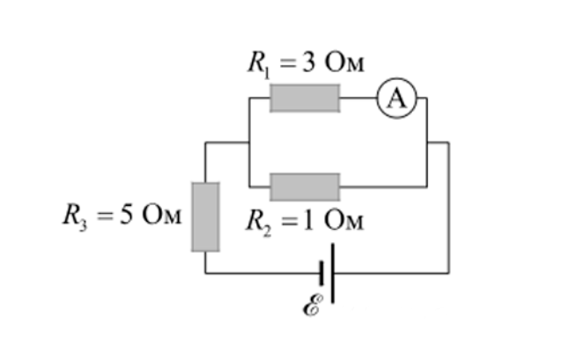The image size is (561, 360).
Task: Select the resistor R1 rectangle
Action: (305, 99)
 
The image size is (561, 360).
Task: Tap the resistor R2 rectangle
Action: (305, 187)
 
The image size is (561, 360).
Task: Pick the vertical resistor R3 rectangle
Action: (205, 217)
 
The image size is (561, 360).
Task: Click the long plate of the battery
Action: (333, 274)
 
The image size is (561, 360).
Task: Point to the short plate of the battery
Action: (321, 274)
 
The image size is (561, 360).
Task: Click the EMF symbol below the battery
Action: (313, 305)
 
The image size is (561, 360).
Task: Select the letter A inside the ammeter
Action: (397, 99)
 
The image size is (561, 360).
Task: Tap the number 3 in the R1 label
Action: (309, 62)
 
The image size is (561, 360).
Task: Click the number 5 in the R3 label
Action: (126, 215)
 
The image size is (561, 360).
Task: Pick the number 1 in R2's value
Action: (308, 220)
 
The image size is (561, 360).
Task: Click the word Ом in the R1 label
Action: (344, 63)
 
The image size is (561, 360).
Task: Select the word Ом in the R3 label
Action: (162, 215)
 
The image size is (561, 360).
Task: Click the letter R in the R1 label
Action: (256, 62)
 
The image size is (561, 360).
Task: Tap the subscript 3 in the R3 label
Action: (84, 226)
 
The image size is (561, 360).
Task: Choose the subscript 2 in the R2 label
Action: (267, 231)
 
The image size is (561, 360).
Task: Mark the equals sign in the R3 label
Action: (106, 216)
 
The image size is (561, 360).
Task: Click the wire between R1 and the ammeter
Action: (358, 98)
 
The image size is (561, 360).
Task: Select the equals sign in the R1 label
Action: (289, 64)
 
